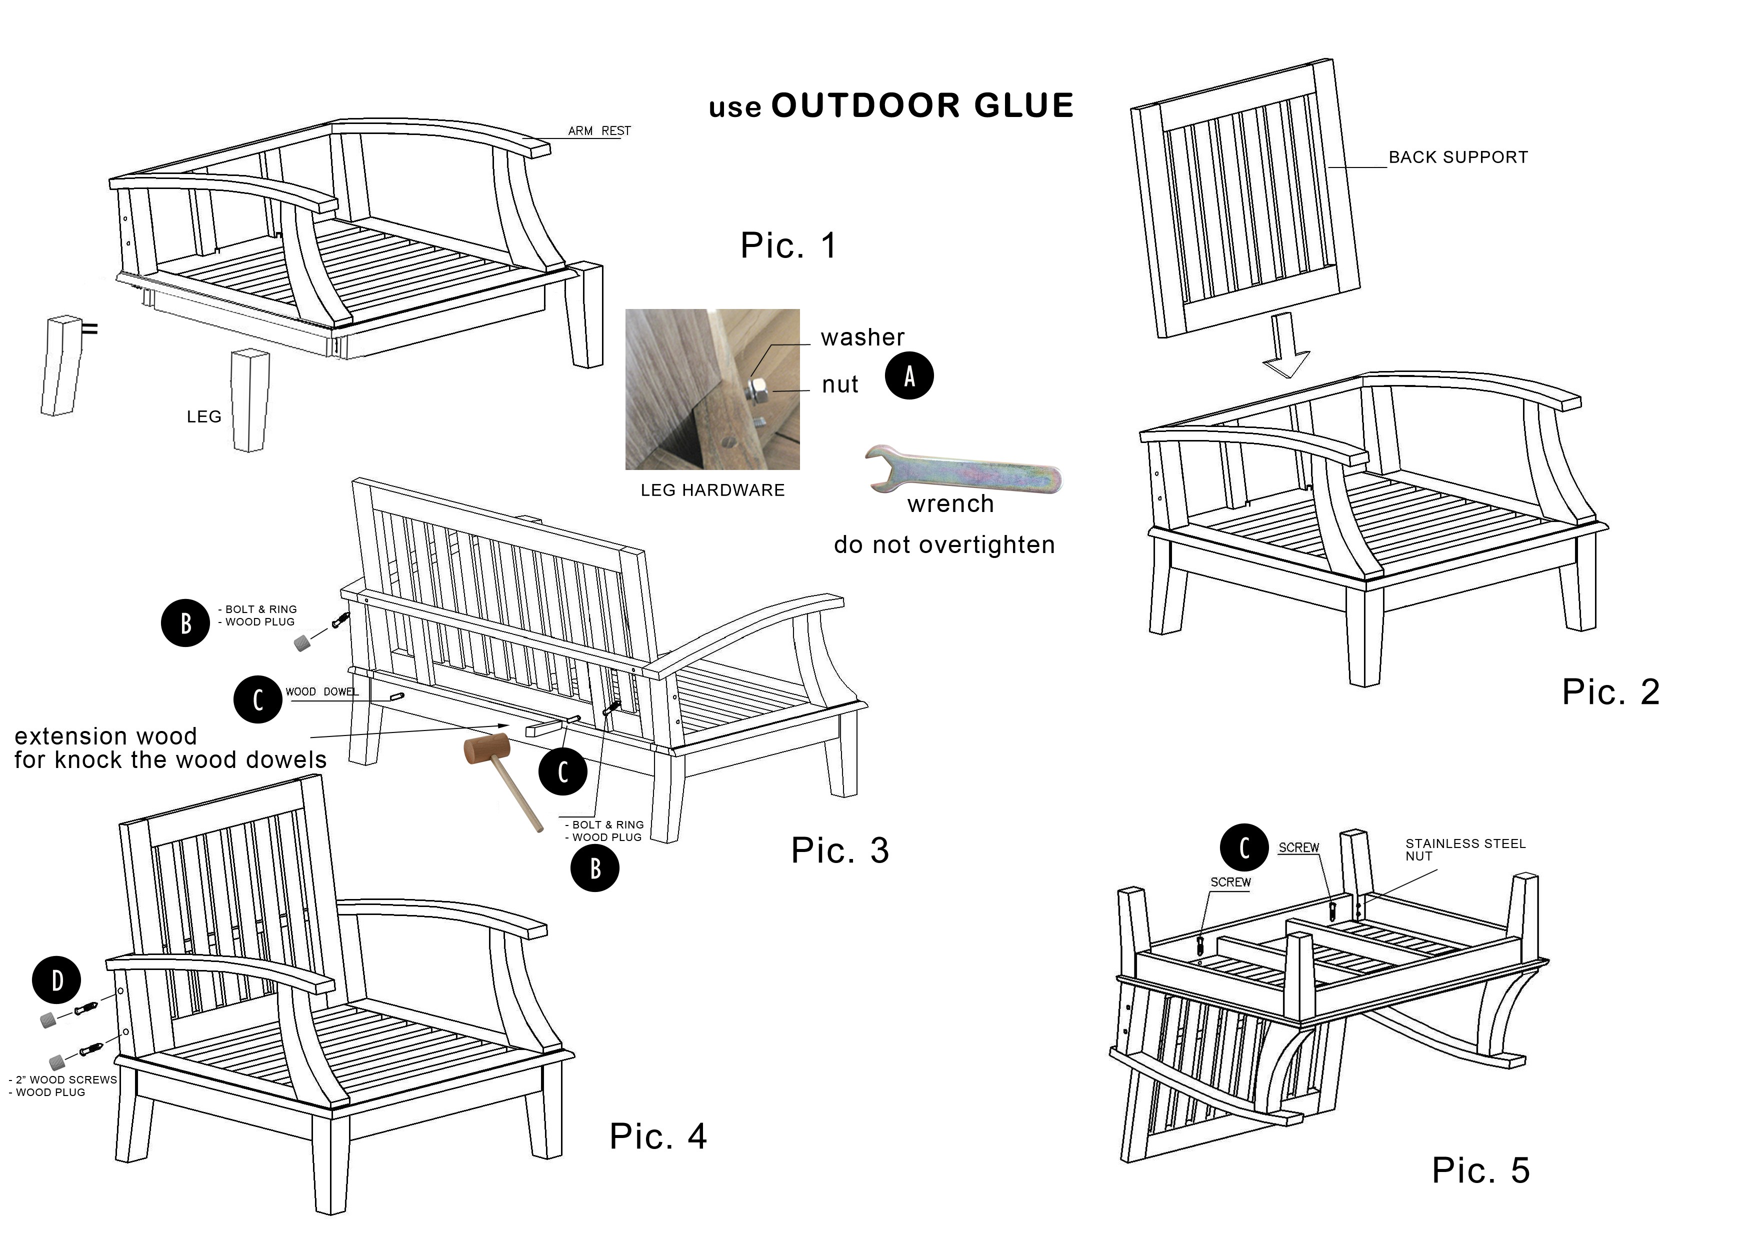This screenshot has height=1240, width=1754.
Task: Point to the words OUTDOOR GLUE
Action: click(x=922, y=105)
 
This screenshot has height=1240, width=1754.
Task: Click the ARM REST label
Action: click(x=599, y=130)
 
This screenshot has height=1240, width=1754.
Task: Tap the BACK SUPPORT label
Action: click(x=1457, y=157)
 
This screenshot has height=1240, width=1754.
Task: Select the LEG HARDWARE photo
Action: click(x=712, y=389)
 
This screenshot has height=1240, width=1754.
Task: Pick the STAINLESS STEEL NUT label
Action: click(x=1464, y=849)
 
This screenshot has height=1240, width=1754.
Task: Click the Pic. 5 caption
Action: click(x=1479, y=1170)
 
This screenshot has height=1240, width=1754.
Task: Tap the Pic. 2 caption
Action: click(x=1610, y=692)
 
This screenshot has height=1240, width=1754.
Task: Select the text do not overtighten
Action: click(x=944, y=544)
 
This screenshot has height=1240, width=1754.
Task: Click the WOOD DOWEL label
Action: click(x=321, y=691)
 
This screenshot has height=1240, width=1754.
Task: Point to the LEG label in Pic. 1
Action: click(x=204, y=416)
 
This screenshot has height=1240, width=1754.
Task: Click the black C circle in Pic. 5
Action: click(x=1243, y=848)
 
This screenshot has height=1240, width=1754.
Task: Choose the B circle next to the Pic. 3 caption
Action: click(x=595, y=868)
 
